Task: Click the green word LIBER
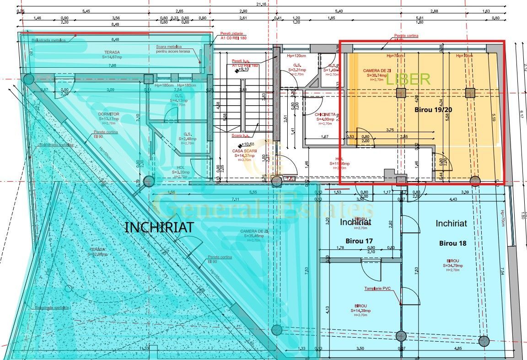(408, 79)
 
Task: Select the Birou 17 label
(360, 240)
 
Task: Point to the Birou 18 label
(453, 243)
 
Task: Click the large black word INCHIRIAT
(159, 227)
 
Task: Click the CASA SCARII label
(244, 151)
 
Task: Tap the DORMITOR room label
(108, 114)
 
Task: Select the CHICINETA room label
(326, 114)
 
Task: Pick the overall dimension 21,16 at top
(261, 4)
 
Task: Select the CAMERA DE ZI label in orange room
(377, 70)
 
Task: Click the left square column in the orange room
(401, 93)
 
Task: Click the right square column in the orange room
(469, 93)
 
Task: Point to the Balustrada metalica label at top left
(48, 40)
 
